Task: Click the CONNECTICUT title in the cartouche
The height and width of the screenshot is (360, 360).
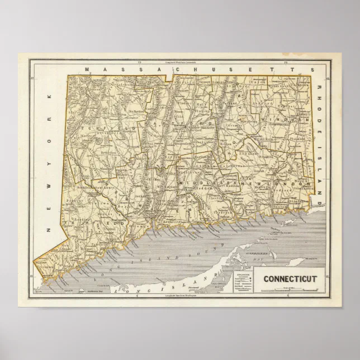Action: (290, 278)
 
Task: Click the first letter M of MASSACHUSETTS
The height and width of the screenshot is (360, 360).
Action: (88, 68)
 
